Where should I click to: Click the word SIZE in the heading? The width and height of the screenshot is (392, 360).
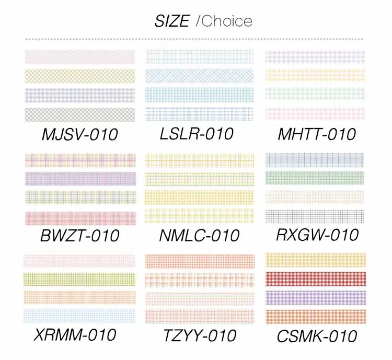tap(171, 21)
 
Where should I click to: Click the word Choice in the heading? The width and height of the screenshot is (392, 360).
tap(226, 21)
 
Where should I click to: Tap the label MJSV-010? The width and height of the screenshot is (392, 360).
tap(79, 134)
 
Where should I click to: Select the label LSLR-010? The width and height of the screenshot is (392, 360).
tap(197, 134)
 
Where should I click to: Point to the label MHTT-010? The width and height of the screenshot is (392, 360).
tap(317, 134)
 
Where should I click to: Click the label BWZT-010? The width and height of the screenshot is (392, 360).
tap(79, 236)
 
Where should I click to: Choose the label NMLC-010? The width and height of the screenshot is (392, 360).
tap(199, 236)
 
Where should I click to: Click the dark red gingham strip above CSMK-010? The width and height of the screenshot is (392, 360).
tap(315, 278)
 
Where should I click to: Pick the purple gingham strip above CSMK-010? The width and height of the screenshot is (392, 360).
tap(315, 297)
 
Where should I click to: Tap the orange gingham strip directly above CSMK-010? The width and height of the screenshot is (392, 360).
tap(315, 317)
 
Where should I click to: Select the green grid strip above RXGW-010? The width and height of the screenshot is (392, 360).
tap(315, 178)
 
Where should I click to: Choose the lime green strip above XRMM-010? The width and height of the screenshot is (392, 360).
tap(79, 279)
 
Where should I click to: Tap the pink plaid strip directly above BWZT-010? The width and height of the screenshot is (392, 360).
tap(79, 218)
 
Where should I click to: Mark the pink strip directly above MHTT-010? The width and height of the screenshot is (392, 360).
tap(315, 113)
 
